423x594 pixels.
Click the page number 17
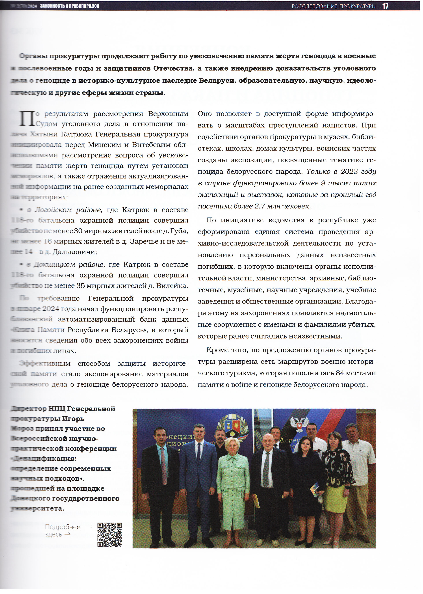[385, 6]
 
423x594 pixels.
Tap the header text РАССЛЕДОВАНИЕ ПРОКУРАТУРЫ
[333, 6]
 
